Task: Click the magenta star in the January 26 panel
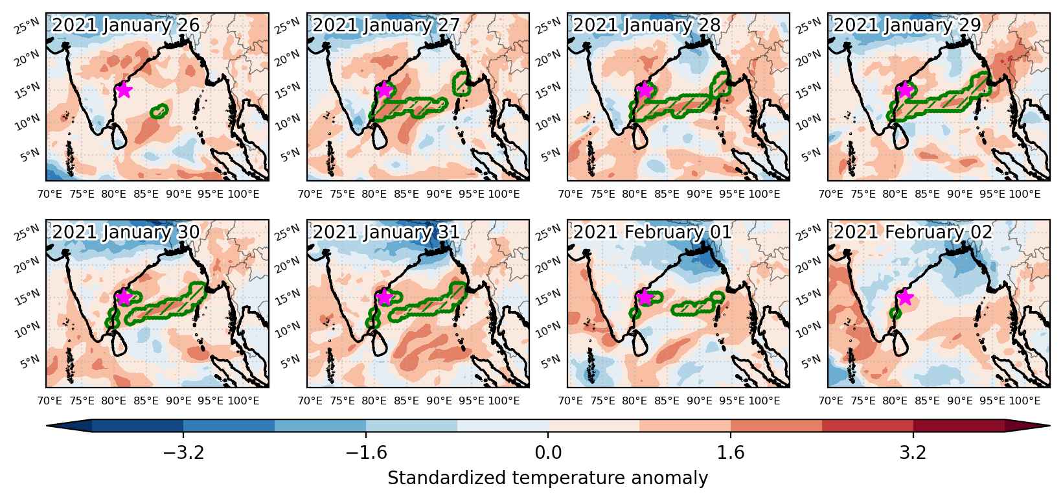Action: [123, 89]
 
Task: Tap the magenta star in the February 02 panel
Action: [906, 297]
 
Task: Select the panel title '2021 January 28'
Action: [647, 25]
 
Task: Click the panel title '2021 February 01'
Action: [652, 232]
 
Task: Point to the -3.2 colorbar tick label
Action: [183, 452]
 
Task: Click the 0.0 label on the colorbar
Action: [548, 452]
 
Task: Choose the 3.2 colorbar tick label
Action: [913, 452]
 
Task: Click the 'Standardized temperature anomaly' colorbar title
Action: [547, 478]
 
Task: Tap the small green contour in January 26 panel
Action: [159, 111]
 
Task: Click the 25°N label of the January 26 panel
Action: [27, 26]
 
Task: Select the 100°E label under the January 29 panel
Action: [1025, 194]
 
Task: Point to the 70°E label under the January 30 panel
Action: [49, 401]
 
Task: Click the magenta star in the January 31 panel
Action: [384, 297]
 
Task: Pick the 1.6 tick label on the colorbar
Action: [730, 452]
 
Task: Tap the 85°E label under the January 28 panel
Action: [667, 194]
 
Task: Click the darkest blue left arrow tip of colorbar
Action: [47, 426]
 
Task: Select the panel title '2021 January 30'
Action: [126, 232]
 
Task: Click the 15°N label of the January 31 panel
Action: [288, 296]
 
